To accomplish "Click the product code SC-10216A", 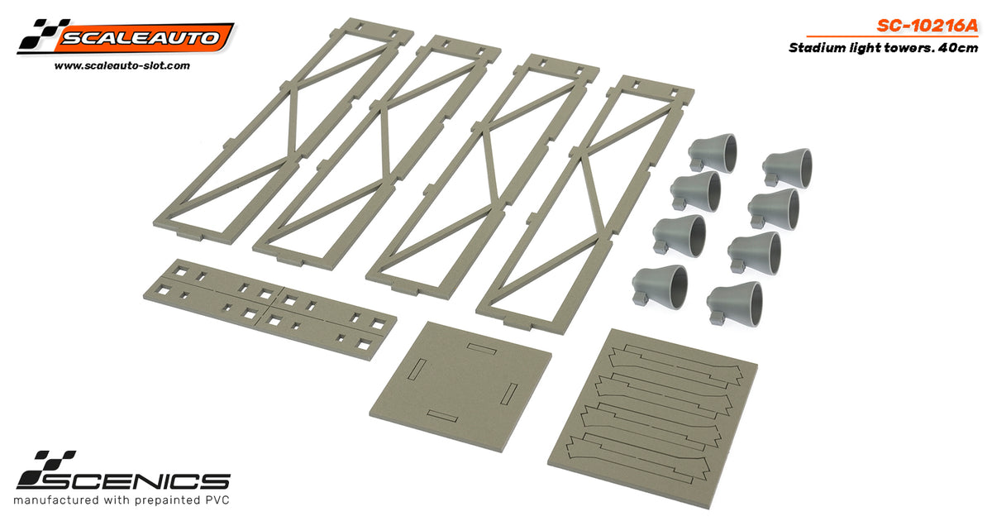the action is click(927, 26).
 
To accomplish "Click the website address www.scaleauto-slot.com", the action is click(122, 66).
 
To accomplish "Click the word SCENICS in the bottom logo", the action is click(123, 480).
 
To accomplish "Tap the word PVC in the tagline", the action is click(217, 500).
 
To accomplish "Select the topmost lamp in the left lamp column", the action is click(713, 153).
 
